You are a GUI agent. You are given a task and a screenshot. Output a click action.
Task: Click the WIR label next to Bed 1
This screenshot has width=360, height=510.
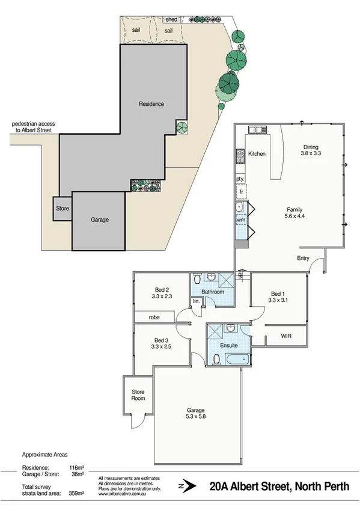(286, 336)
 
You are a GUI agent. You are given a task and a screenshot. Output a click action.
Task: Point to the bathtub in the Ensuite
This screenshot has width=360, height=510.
(236, 359)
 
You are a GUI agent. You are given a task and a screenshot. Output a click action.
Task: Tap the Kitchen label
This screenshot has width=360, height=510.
(257, 154)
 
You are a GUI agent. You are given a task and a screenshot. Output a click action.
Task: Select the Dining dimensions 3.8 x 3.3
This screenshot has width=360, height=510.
(311, 154)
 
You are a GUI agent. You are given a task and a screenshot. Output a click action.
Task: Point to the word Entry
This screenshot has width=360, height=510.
(304, 258)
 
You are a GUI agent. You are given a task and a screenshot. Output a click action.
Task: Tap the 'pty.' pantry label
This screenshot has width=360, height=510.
(240, 179)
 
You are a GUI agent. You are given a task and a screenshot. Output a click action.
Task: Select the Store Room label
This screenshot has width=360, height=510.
(138, 395)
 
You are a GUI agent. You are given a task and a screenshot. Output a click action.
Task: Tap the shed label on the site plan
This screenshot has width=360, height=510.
(171, 19)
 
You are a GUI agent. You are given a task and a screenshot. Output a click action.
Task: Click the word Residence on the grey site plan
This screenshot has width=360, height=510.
(151, 104)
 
